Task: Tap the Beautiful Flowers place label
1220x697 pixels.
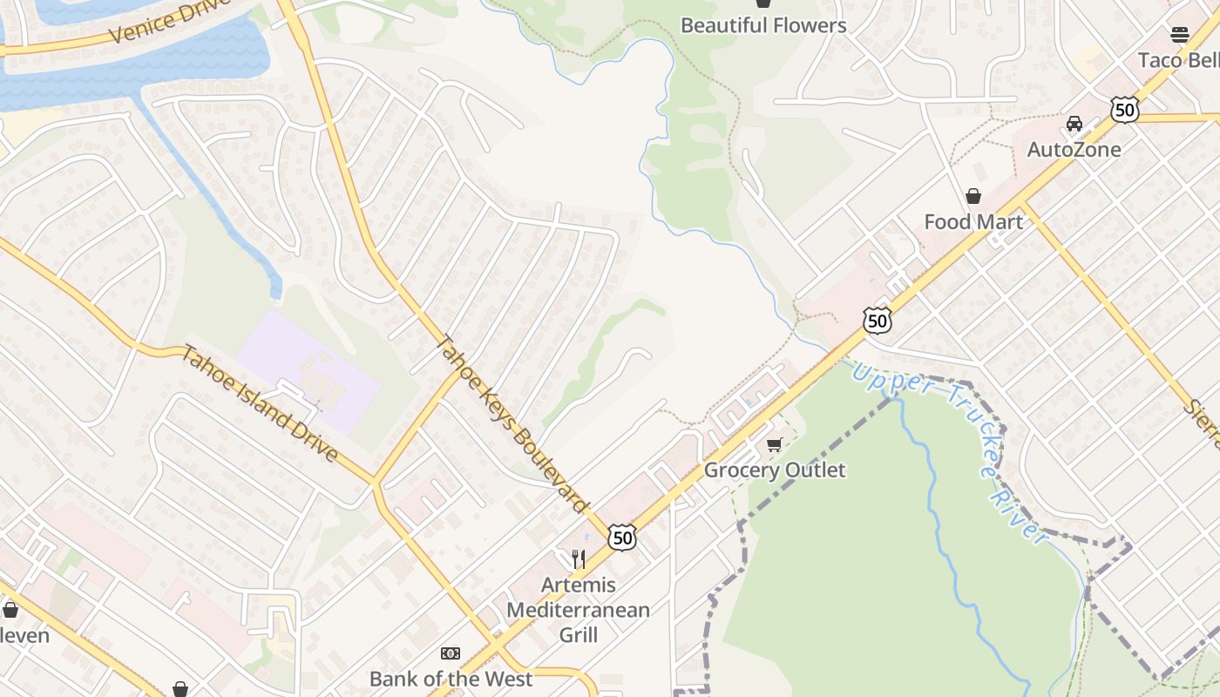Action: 763,26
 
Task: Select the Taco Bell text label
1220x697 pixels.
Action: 1178,60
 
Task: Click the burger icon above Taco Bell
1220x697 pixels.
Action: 1179,35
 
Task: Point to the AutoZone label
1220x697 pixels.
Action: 1074,149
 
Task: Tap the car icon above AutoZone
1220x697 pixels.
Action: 1074,124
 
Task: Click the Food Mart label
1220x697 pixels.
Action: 973,221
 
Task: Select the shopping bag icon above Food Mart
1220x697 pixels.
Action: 973,196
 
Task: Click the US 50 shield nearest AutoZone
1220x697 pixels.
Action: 1124,110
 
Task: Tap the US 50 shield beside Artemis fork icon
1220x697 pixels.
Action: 622,538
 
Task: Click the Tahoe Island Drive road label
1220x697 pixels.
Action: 259,403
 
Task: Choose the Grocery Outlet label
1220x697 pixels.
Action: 774,470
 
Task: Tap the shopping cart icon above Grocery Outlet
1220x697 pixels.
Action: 774,445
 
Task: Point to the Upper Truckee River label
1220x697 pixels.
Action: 950,452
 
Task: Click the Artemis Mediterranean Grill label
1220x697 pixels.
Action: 578,610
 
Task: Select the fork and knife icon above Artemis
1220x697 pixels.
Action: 578,558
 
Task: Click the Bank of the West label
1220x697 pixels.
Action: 450,679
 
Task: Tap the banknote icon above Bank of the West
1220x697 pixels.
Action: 450,653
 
